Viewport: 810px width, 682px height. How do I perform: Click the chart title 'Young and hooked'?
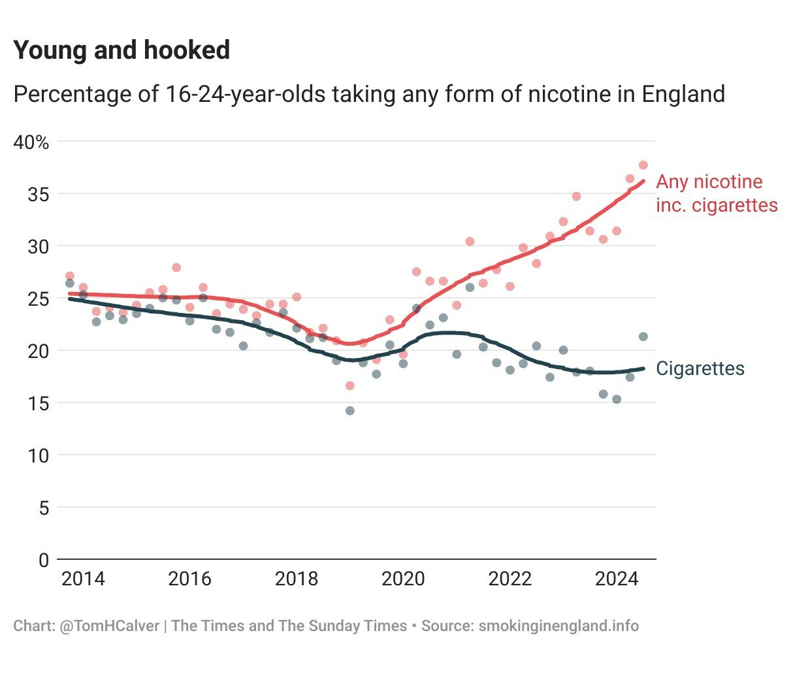coord(121,50)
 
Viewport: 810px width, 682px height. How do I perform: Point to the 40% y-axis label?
coord(31,142)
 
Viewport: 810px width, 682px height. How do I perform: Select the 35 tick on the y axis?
coord(39,194)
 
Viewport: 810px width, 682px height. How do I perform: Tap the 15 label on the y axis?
coord(39,403)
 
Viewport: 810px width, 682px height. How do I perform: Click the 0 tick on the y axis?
coord(44,560)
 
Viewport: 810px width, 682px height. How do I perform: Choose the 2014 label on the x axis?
coord(83,579)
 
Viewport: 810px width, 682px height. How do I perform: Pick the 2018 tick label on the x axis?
coord(297,579)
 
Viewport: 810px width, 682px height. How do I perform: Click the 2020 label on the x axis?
coord(403,579)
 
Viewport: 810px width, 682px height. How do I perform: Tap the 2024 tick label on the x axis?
coord(617,579)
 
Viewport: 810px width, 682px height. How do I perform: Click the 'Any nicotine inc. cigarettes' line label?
coord(717,193)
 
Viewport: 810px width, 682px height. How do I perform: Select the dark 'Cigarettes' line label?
coord(700,368)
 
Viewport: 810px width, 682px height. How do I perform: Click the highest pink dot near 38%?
coord(643,165)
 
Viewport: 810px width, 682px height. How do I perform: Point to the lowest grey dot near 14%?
coord(349,411)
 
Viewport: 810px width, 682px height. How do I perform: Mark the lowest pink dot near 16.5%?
coord(349,385)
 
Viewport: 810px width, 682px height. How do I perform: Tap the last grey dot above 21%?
coord(643,336)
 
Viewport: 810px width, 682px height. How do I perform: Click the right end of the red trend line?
coord(644,181)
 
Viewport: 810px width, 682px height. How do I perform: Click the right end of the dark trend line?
coord(644,368)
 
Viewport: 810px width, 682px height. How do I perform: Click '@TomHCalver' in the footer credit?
coord(109,626)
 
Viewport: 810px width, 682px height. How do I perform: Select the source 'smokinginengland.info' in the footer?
coord(559,626)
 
